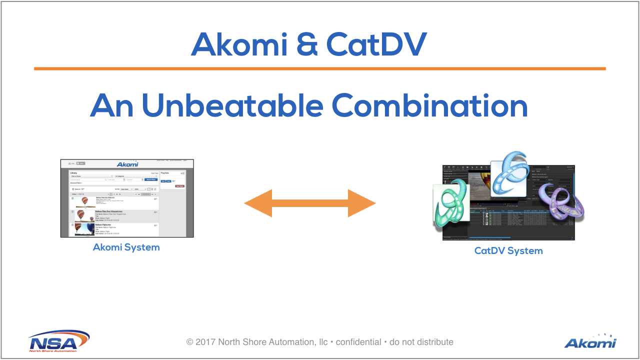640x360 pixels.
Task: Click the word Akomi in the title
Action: [239, 44]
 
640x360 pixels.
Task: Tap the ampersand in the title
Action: [307, 44]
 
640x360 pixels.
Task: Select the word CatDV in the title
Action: [376, 44]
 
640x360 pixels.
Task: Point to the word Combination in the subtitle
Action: [429, 106]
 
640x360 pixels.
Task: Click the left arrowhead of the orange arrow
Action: [257, 203]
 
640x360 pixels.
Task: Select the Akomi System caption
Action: [126, 247]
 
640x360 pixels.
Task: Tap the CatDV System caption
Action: [508, 251]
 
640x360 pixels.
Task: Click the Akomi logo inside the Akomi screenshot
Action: [127, 164]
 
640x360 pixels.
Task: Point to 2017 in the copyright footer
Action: [205, 342]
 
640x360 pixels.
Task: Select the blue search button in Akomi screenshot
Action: [151, 179]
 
